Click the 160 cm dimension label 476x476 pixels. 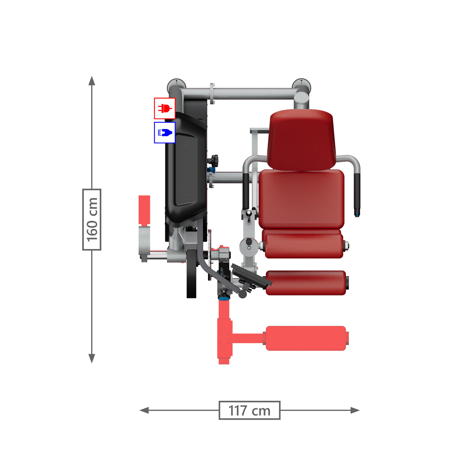coord(92,220)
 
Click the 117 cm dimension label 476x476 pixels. coord(249,410)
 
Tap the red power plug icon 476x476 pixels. coord(165,108)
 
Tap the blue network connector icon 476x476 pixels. coord(165,132)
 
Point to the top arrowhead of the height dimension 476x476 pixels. coord(92,80)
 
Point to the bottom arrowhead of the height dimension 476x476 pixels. coord(92,358)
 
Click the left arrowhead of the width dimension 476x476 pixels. coord(144,410)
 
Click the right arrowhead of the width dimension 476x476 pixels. coord(355,410)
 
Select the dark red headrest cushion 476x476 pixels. coord(301,140)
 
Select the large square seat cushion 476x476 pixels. coord(301,199)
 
